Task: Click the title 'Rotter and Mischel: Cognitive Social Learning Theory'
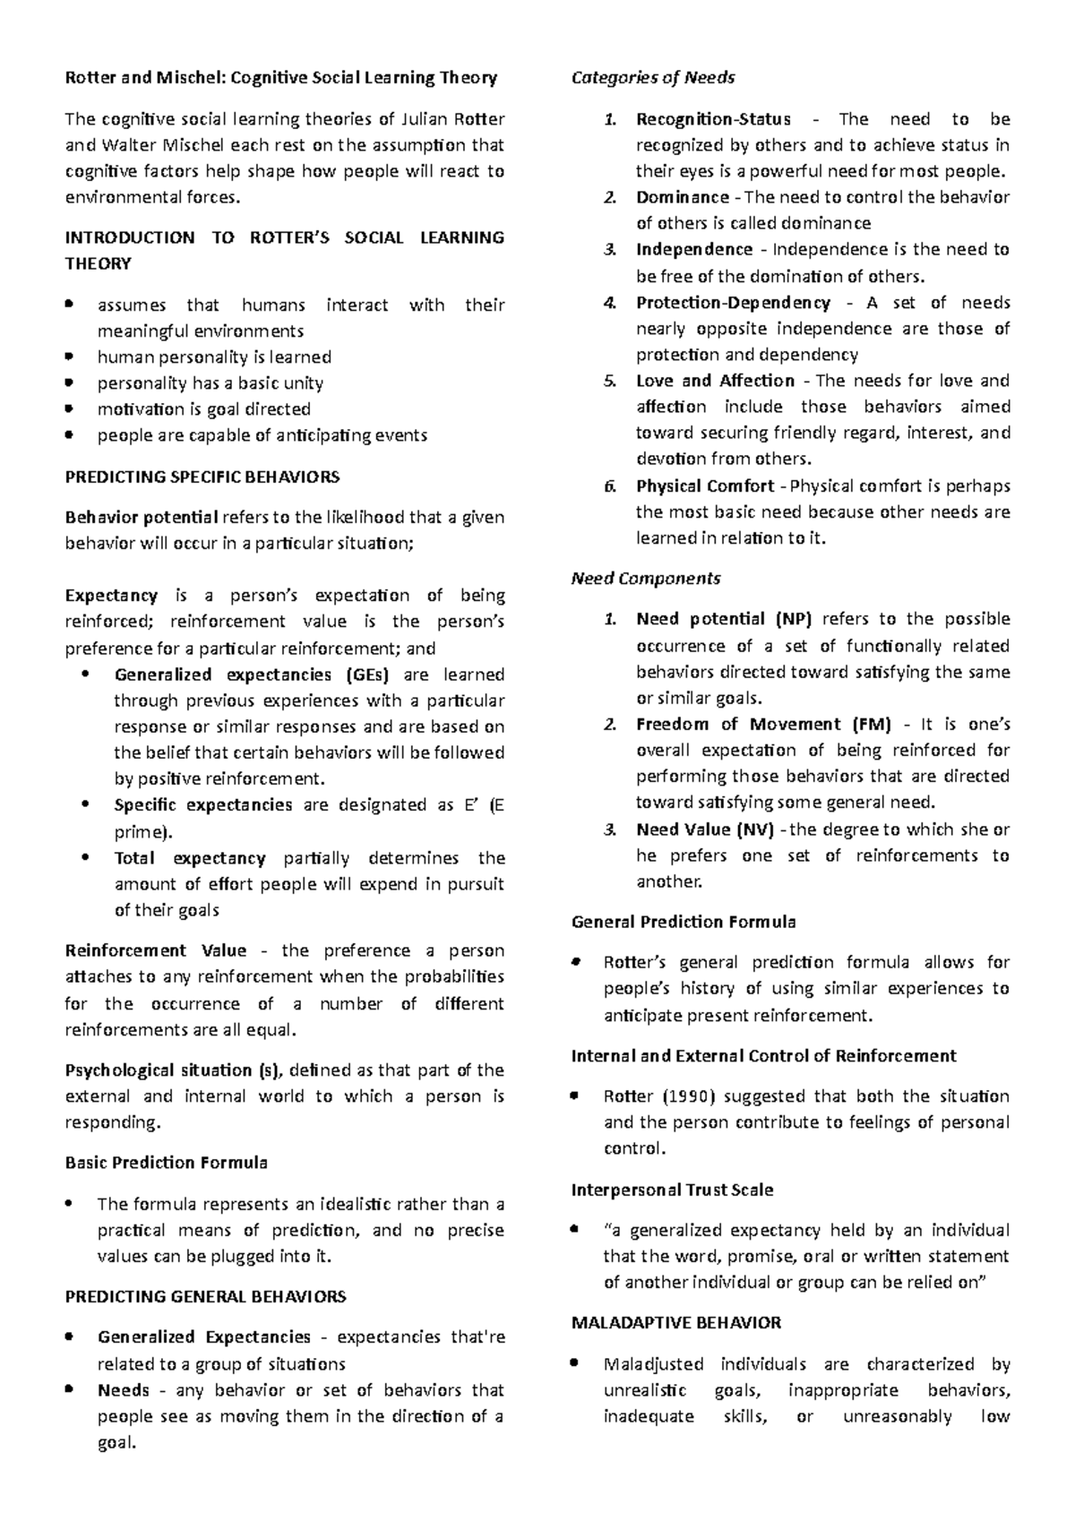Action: point(281,78)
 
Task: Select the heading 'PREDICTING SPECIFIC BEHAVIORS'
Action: point(202,477)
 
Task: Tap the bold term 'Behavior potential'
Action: point(142,517)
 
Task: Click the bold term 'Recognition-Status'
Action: point(713,119)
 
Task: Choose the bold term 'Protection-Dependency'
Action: point(733,303)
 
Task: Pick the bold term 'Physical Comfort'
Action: point(705,486)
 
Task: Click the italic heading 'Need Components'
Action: point(646,579)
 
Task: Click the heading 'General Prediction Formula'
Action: point(684,922)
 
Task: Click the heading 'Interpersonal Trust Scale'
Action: point(672,1190)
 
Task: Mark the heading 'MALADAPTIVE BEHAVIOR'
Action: point(676,1322)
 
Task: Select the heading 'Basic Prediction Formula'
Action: point(167,1163)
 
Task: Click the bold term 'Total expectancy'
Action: point(190,858)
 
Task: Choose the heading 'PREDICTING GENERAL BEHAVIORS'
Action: point(206,1296)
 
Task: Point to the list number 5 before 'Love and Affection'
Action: point(609,381)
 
